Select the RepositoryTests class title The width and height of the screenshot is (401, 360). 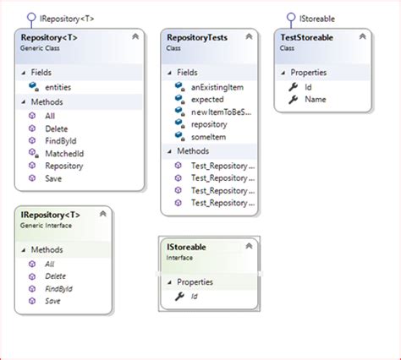pyautogui.click(x=196, y=38)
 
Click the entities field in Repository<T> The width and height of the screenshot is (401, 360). pyautogui.click(x=58, y=87)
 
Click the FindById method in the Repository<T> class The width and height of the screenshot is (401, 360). pyautogui.click(x=61, y=140)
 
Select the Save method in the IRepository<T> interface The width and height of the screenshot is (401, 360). pyautogui.click(x=52, y=301)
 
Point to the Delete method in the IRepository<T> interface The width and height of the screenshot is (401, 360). pyautogui.click(x=56, y=275)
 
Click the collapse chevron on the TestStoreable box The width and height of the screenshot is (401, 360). pyautogui.click(x=362, y=37)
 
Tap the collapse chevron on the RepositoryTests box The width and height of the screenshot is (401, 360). pyautogui.click(x=249, y=37)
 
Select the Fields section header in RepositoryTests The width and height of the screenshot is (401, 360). pyautogui.click(x=187, y=73)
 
